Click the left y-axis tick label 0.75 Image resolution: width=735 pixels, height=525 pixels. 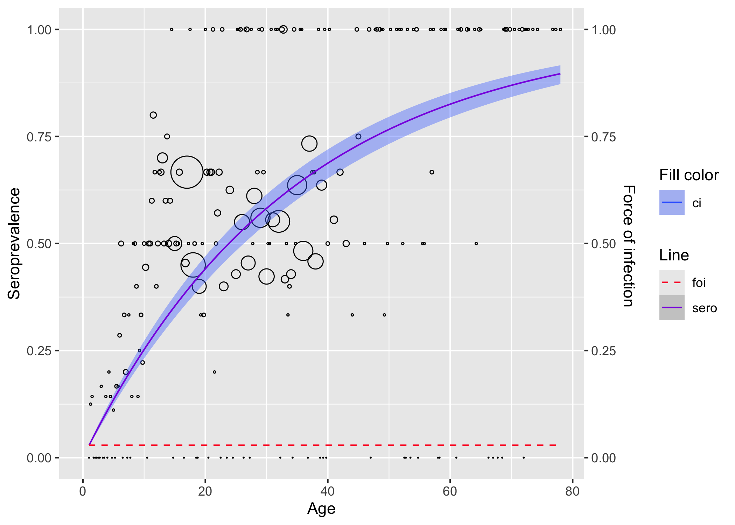(x=39, y=136)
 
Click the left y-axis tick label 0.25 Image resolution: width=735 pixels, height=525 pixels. (x=39, y=351)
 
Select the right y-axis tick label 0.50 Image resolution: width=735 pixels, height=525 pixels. (x=603, y=244)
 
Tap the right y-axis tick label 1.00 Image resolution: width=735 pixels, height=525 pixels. (x=603, y=30)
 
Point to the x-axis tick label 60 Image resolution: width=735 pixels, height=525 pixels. (x=450, y=491)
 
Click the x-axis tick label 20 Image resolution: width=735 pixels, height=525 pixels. (x=205, y=491)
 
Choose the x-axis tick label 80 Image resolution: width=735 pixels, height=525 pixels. (x=572, y=491)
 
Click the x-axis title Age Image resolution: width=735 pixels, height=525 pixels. (x=321, y=509)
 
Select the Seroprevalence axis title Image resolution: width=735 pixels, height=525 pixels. (x=14, y=244)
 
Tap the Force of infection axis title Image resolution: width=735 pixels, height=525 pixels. (x=629, y=246)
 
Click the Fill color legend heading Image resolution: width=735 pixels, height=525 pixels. (x=689, y=175)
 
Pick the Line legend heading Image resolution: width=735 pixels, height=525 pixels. (x=674, y=255)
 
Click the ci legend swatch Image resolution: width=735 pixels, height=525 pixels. (x=672, y=202)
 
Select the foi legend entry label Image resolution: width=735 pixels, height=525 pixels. (x=699, y=282)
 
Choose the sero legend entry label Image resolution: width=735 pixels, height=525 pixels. (x=705, y=308)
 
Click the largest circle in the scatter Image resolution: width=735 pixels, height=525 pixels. (x=187, y=172)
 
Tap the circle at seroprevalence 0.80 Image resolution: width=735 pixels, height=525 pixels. (x=153, y=115)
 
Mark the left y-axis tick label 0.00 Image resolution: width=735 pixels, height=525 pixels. (x=39, y=458)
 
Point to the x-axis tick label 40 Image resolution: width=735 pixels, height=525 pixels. (x=327, y=491)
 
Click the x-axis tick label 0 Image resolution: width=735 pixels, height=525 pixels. (x=83, y=491)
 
